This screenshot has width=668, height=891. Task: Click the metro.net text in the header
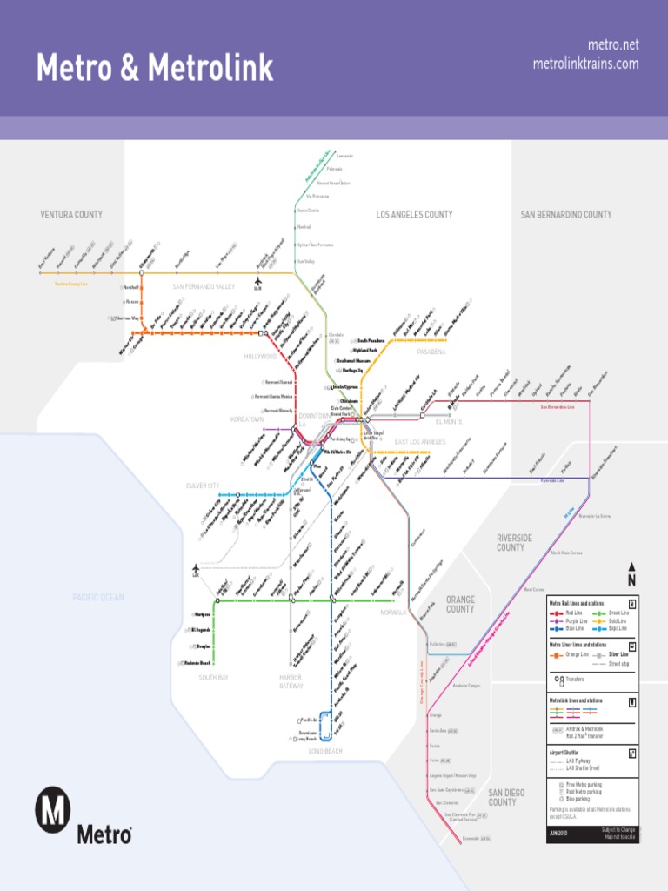613,44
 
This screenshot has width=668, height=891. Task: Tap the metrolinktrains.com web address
585,64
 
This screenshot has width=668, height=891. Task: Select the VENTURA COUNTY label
71,214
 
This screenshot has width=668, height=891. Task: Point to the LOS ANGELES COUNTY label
414,214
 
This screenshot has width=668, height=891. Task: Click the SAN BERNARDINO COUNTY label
565,214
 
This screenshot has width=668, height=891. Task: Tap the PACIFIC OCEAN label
97,597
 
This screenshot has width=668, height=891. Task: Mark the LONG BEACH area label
325,751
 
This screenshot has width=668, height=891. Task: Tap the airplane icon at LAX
196,569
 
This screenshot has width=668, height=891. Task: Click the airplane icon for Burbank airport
258,281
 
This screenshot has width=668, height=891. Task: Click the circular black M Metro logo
52,810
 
